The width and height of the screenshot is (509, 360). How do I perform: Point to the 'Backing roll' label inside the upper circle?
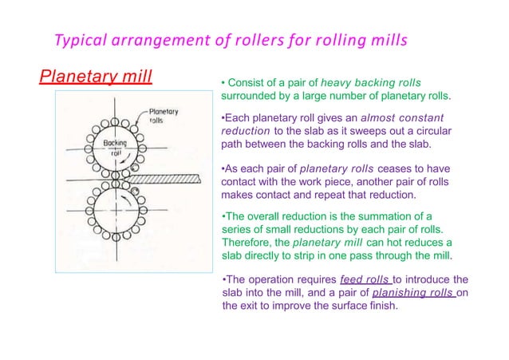pyautogui.click(x=116, y=147)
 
